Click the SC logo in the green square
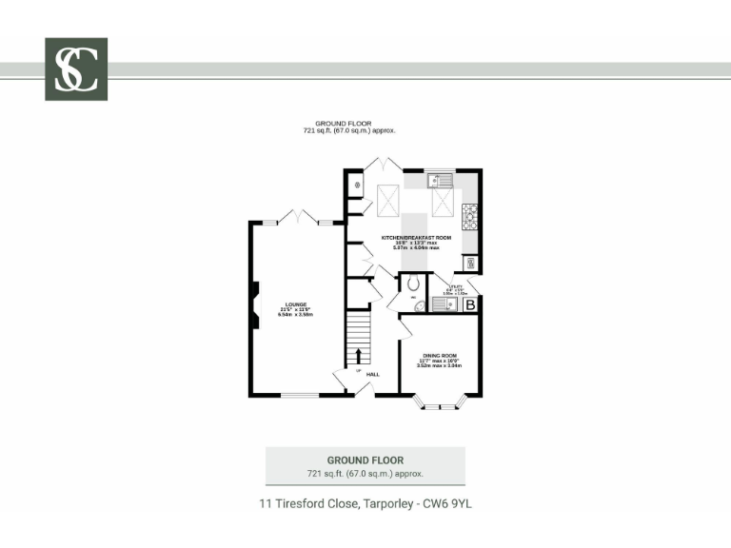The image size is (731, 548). (x=76, y=69)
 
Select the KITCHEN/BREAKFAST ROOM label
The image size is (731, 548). (x=416, y=237)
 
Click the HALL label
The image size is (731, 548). (x=373, y=374)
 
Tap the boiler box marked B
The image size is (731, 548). (x=469, y=304)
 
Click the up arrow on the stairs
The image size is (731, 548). (x=359, y=356)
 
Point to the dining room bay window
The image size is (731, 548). (x=439, y=406)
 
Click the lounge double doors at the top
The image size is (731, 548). (x=299, y=216)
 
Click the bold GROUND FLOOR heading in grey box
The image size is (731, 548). (x=365, y=460)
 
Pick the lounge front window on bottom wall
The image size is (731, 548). (x=299, y=395)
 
